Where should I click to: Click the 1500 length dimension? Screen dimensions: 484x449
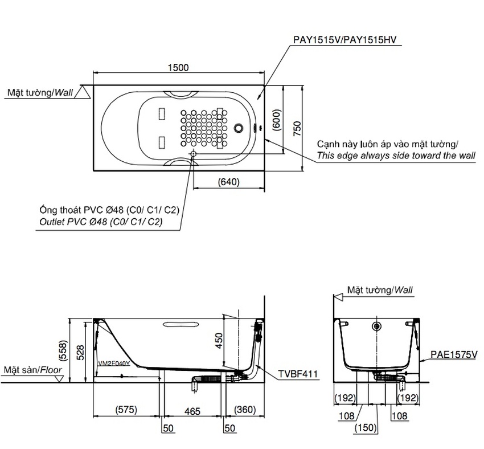coord(178,67)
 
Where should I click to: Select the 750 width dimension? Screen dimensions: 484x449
coord(297,128)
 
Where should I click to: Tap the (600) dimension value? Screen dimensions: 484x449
coord(277,120)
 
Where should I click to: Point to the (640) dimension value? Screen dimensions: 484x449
coord(229,182)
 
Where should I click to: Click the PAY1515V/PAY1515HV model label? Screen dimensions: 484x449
coord(344,40)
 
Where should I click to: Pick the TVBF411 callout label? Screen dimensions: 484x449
coord(298,374)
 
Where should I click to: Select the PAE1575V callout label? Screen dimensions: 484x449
coord(454,354)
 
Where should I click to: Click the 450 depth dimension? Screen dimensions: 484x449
coord(219,340)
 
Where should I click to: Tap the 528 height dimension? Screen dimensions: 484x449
coord(80,353)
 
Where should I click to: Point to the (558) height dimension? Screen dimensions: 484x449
coord(63,351)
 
